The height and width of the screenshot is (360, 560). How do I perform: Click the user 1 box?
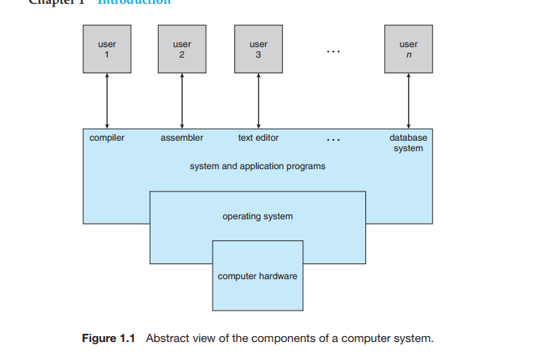coord(107,49)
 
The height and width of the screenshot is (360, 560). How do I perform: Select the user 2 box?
coord(182,49)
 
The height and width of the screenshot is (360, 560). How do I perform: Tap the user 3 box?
coord(258,49)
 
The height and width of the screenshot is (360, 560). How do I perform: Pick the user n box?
coord(408,49)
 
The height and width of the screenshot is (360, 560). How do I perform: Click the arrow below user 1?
coord(107,101)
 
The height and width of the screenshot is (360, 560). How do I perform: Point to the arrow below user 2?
coord(182,101)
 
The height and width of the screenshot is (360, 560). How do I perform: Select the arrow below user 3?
coord(258,101)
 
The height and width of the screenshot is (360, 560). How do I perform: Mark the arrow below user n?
coord(408,101)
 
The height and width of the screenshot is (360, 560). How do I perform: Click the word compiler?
coord(107,138)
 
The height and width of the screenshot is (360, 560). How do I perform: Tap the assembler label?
coord(182,138)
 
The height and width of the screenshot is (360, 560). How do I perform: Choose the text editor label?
coord(258,138)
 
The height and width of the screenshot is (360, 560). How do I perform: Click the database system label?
coord(408,143)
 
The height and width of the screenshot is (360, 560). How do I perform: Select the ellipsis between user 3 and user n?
coord(334,52)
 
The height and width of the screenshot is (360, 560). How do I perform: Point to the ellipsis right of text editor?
coord(334,140)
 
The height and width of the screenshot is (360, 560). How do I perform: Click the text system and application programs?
coord(258,165)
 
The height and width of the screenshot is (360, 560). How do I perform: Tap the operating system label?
coord(258,216)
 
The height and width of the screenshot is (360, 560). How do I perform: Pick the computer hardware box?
coord(258,275)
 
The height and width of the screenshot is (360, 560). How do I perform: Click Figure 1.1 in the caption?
coord(108,338)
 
